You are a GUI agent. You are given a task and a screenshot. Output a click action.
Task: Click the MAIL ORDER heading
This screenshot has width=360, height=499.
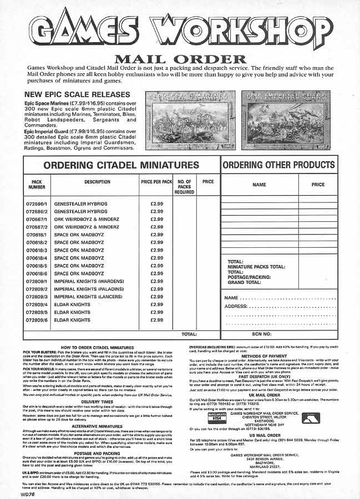click(x=180, y=59)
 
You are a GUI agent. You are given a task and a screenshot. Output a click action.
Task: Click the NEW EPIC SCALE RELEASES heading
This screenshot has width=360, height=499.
click(x=77, y=94)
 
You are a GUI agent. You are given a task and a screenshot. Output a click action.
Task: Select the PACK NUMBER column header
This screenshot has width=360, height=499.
click(x=38, y=184)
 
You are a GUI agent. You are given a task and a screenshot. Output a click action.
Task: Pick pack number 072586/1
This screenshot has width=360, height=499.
click(x=38, y=203)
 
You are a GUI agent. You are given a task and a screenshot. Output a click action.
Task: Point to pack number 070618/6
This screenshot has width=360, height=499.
click(x=38, y=273)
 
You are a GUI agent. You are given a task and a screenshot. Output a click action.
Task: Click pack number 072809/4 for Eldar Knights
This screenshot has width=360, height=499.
click(x=38, y=304)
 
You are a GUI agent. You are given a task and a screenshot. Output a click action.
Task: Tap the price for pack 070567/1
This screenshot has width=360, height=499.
click(x=156, y=219)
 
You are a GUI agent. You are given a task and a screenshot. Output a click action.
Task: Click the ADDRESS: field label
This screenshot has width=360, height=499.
click(x=236, y=306)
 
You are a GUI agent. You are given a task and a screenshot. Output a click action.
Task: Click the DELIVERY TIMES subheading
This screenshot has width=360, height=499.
click(x=97, y=387)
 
